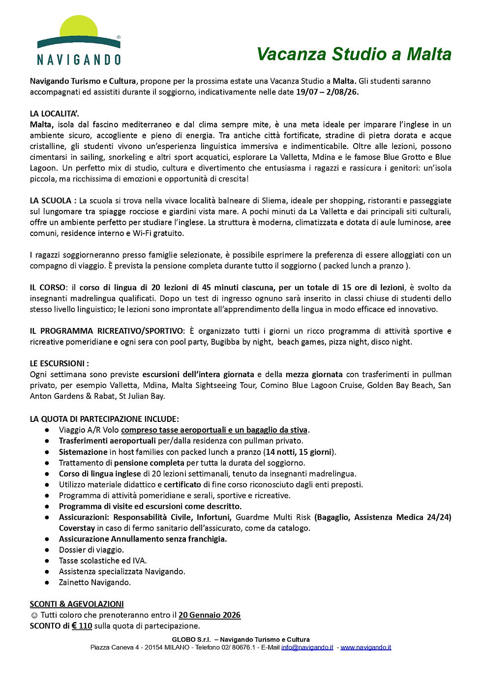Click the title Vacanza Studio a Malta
pos(354,54)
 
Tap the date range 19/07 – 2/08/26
pos(327,92)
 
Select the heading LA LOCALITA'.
pos(54,114)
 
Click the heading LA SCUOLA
pos(51,201)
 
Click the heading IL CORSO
pos(48,288)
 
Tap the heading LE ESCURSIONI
pos(59,364)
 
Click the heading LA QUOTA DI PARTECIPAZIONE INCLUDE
pos(104,419)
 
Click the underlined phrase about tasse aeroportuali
pos(214,430)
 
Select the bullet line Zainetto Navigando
pos(95,583)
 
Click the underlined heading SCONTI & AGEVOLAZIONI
pos(77,604)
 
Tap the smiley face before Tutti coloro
pos(34,615)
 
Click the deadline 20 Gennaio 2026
pos(210,615)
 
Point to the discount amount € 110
pos(82,626)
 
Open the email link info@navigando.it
pos(307,647)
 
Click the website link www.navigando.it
pos(366,647)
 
